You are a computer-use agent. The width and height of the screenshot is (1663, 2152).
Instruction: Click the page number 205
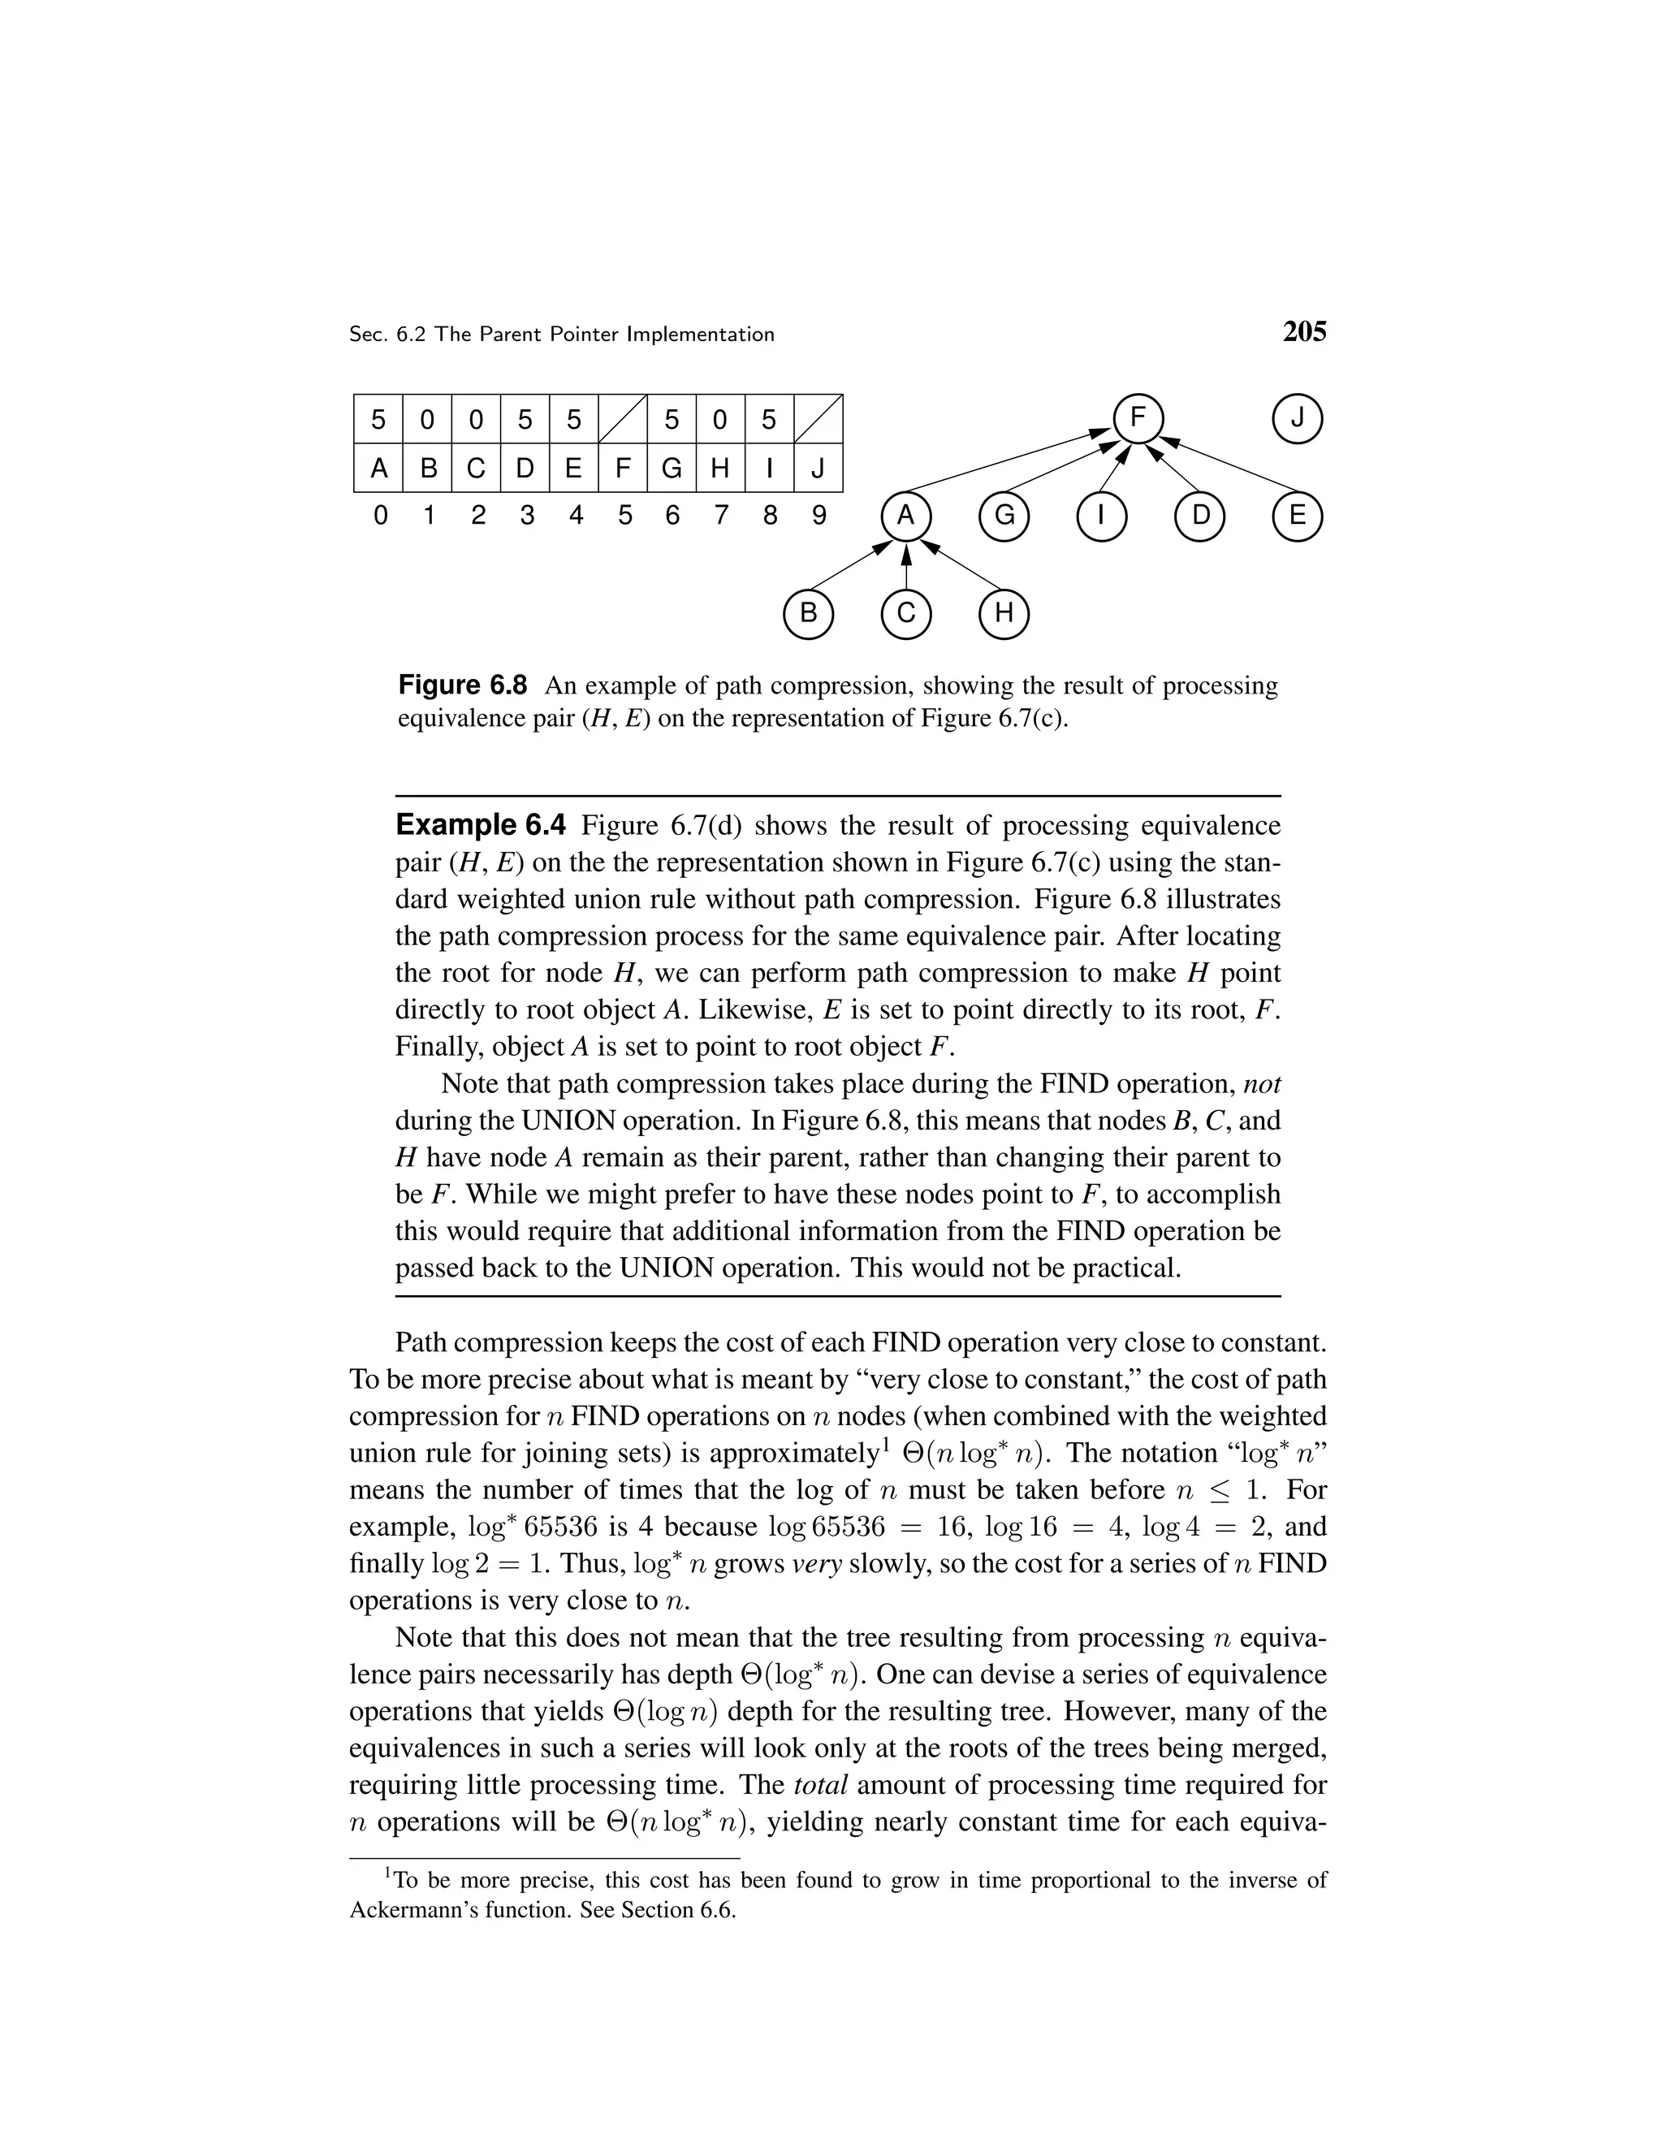pyautogui.click(x=1304, y=332)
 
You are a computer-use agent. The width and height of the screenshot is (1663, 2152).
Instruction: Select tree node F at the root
pyautogui.click(x=1138, y=419)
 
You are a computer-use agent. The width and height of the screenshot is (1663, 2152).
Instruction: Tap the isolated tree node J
pyautogui.click(x=1298, y=419)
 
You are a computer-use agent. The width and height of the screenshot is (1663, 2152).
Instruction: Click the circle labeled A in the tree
pyautogui.click(x=905, y=516)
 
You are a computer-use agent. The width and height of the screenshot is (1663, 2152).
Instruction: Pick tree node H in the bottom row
pyautogui.click(x=1003, y=614)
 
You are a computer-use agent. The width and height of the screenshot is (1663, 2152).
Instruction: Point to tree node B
pyautogui.click(x=808, y=614)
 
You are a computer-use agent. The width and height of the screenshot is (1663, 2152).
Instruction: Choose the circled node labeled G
pyautogui.click(x=1003, y=516)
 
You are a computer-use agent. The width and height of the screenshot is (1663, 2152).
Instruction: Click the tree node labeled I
pyautogui.click(x=1100, y=516)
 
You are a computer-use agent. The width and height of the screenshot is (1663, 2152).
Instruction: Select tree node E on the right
pyautogui.click(x=1297, y=516)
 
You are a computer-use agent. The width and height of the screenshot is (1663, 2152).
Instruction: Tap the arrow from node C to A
pyautogui.click(x=905, y=568)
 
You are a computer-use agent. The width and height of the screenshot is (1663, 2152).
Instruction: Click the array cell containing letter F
pyautogui.click(x=623, y=468)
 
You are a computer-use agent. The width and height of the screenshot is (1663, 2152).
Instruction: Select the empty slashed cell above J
pyautogui.click(x=818, y=420)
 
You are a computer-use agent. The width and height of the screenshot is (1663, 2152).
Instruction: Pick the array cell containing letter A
pyautogui.click(x=378, y=468)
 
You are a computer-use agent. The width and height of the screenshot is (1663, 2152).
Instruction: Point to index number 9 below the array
pyautogui.click(x=819, y=516)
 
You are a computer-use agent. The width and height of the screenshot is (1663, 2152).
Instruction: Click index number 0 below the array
pyautogui.click(x=380, y=516)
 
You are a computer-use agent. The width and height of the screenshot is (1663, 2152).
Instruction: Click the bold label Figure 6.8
pyautogui.click(x=462, y=685)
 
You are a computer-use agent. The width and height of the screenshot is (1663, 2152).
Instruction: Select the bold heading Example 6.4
pyautogui.click(x=481, y=825)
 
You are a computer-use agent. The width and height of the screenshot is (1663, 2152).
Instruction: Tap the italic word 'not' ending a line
pyautogui.click(x=1261, y=1084)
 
